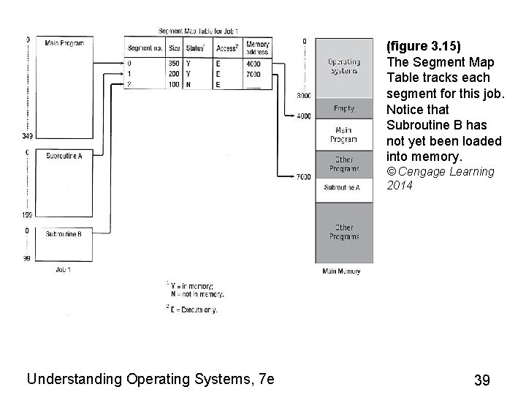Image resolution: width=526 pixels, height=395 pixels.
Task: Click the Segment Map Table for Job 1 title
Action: [197, 31]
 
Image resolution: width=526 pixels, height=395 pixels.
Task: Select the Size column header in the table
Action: [174, 48]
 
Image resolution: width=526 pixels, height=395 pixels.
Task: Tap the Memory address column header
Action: [258, 48]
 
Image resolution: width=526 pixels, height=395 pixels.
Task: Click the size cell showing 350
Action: [174, 64]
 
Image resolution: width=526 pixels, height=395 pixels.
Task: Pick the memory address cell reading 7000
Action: [254, 74]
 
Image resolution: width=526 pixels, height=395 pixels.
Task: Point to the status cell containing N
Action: [190, 85]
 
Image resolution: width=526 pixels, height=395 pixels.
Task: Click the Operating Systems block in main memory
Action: [343, 66]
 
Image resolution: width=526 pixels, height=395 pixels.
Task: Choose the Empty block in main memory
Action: [343, 108]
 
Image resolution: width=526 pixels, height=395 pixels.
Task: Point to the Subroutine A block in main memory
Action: [343, 188]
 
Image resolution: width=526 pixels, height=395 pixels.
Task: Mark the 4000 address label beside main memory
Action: [302, 116]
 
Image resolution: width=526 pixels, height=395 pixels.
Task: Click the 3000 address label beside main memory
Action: [303, 96]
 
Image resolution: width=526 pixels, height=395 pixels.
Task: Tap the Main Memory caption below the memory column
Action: [341, 271]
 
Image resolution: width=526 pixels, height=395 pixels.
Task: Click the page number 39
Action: [481, 380]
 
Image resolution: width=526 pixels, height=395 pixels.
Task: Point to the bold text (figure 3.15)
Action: [424, 45]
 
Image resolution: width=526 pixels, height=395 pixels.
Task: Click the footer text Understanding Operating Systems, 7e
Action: [150, 379]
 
